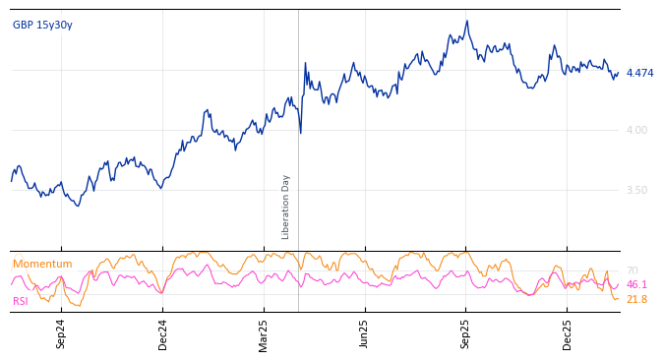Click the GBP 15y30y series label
(42, 26)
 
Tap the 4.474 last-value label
(639, 74)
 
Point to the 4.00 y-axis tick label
(636, 130)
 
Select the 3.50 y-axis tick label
(636, 191)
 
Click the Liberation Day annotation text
(286, 207)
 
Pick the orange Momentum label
(42, 265)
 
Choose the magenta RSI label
(21, 302)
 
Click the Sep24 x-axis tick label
(61, 333)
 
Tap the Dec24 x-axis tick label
(163, 333)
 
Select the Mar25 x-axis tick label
(264, 333)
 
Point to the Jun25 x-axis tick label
(365, 333)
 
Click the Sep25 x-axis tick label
(466, 333)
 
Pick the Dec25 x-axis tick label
(568, 333)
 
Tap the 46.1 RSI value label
(636, 285)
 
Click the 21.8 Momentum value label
(636, 300)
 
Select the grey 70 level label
(632, 271)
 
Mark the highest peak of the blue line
(467, 21)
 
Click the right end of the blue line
(618, 73)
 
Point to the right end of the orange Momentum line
(618, 299)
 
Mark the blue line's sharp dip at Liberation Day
(301, 132)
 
